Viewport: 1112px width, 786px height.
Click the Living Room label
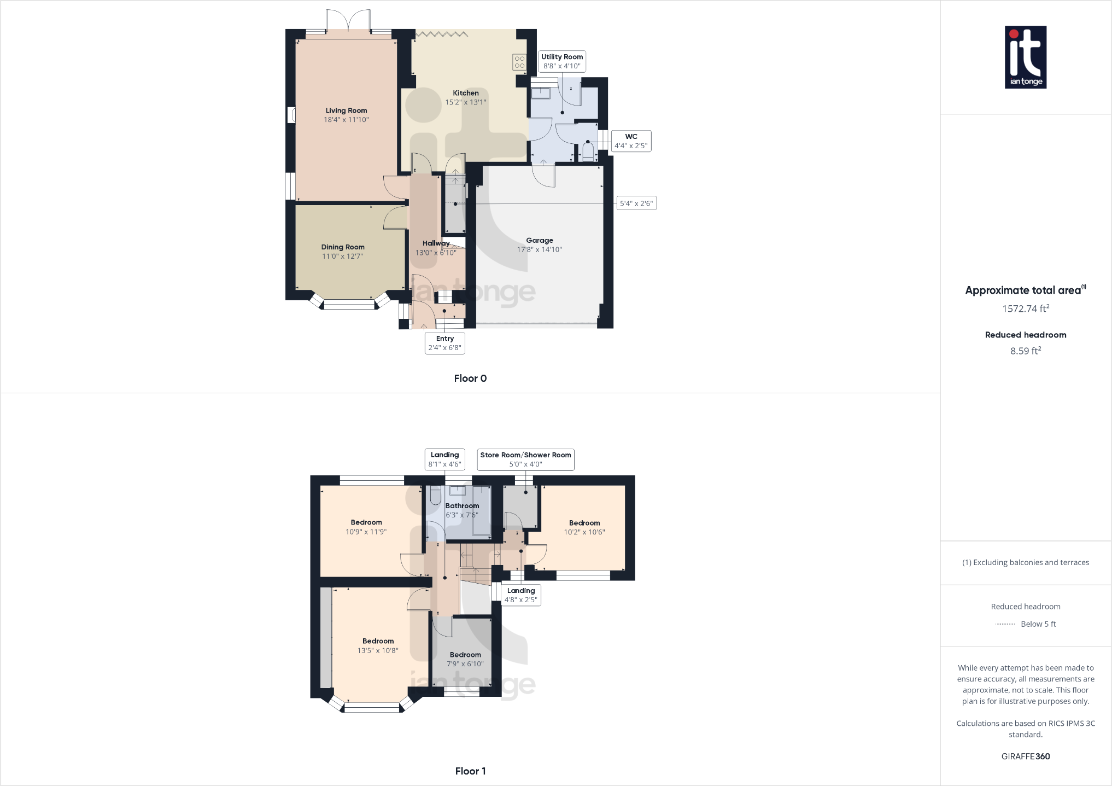coord(346,110)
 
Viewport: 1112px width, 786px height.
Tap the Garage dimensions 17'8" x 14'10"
coord(540,249)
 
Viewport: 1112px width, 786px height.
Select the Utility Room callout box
coord(561,61)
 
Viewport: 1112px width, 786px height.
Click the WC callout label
coord(631,141)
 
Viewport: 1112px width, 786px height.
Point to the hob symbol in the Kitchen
coord(519,62)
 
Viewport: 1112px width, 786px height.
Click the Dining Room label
coord(343,247)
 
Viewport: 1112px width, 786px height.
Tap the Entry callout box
coord(444,343)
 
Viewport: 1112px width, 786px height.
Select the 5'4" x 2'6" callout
coord(636,203)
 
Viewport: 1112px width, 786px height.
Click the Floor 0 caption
coord(470,379)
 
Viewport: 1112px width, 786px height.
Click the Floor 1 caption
coord(470,771)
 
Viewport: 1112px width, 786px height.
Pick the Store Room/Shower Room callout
coord(525,459)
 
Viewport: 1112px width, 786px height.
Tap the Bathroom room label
coord(462,506)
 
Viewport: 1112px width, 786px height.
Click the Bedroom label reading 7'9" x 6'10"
coord(465,659)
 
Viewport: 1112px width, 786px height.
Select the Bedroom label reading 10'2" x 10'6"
coord(584,527)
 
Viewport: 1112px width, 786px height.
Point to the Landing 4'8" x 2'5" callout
coord(520,595)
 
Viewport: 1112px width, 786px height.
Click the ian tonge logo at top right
coord(1026,57)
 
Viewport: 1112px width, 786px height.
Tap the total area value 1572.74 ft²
coord(1025,308)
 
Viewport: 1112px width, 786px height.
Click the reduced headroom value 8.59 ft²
coord(1025,351)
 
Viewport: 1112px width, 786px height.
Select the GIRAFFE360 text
coord(1025,756)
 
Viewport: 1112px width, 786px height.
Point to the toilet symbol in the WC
coord(588,152)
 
